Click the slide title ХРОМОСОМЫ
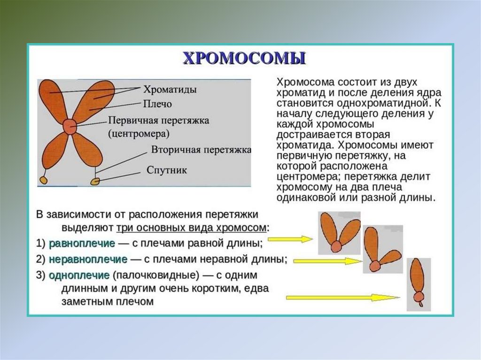point(244,58)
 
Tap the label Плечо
point(157,103)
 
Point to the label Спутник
point(167,170)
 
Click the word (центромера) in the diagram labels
point(139,133)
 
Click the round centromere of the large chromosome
point(70,126)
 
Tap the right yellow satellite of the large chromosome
point(96,180)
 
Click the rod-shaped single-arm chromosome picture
point(418,284)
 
